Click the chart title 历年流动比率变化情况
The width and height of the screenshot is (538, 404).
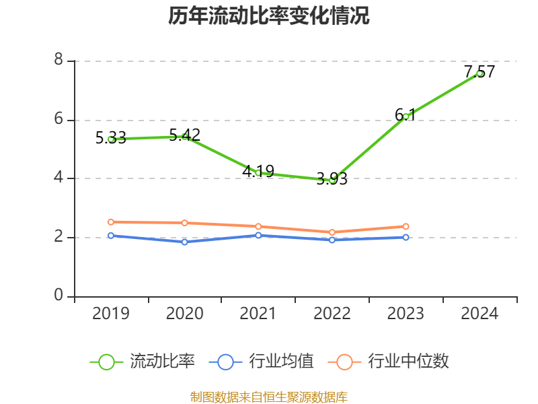(x=269, y=16)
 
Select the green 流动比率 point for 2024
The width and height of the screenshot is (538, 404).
(x=479, y=73)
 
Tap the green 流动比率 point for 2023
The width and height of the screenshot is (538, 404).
(x=406, y=116)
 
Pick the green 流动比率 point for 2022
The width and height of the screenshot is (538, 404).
(x=332, y=180)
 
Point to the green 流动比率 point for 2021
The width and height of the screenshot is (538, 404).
(x=258, y=173)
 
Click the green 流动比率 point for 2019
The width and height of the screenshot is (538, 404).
(x=111, y=139)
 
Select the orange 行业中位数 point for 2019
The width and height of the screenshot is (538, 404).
(x=111, y=222)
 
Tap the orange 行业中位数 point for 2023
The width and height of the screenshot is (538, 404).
(x=406, y=226)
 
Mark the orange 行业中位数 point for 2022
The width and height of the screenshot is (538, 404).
(x=332, y=232)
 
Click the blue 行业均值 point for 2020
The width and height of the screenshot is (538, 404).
(x=185, y=242)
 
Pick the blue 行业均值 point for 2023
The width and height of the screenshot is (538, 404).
(x=406, y=237)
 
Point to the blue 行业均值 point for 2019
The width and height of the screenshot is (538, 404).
(x=111, y=236)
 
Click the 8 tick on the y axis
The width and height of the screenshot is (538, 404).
(x=59, y=61)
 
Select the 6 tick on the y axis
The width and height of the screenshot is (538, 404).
(x=59, y=119)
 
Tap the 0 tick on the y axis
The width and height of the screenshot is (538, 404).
(x=59, y=296)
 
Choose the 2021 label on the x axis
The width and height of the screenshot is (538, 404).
(x=258, y=314)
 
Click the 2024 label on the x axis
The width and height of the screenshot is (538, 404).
(x=479, y=314)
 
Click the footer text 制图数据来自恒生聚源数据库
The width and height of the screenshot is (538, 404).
(x=269, y=397)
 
